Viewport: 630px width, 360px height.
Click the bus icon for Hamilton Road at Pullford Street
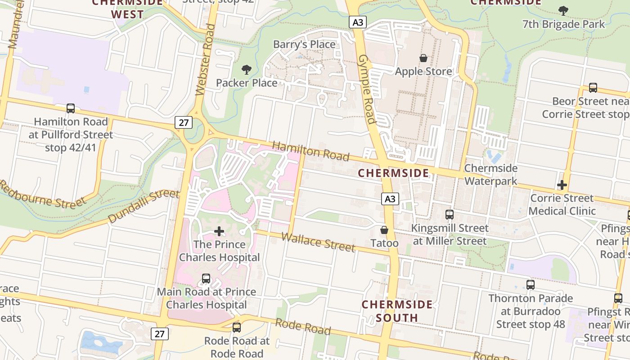71,108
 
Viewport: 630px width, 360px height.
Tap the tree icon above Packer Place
246,70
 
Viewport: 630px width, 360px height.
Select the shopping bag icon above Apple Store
423,58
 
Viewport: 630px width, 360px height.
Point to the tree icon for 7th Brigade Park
563,11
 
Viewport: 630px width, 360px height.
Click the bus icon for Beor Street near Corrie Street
593,88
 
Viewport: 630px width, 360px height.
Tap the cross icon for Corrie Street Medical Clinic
562,185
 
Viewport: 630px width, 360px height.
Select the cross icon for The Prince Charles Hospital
219,231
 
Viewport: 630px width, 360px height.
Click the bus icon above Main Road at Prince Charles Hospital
206,279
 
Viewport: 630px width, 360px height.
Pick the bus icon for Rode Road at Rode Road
237,328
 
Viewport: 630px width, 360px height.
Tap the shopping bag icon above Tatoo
384,230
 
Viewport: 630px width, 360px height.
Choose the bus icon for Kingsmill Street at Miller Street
449,215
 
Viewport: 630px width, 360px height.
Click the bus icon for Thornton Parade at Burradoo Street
531,285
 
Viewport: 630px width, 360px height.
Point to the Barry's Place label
305,45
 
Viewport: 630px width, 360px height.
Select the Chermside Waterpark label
491,175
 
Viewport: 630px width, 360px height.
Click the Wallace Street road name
318,243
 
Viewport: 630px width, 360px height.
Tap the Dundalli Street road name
144,206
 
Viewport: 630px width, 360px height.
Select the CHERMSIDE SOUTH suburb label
397,311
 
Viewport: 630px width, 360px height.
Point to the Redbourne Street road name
43,194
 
